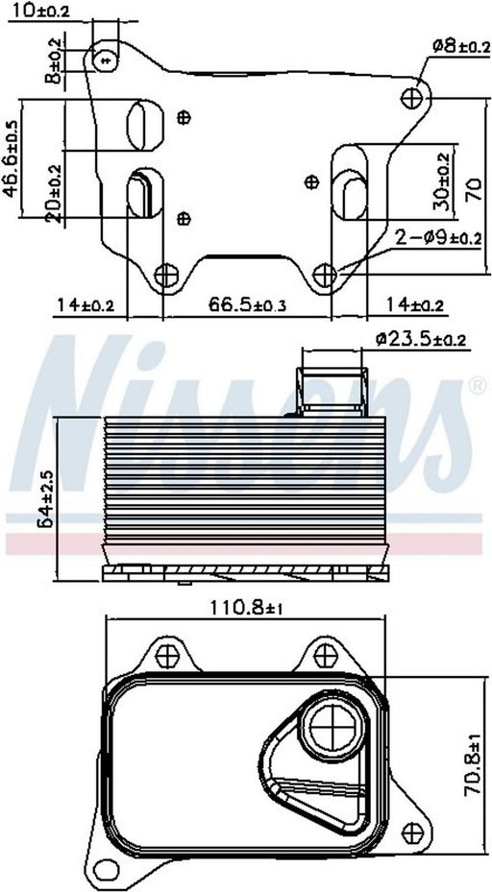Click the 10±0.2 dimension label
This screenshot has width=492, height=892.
tap(39, 10)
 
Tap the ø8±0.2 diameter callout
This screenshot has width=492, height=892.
tap(461, 47)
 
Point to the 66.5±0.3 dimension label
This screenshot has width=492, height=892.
tap(247, 305)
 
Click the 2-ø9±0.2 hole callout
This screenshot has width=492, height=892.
tap(438, 239)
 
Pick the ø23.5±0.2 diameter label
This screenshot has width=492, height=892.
tap(421, 340)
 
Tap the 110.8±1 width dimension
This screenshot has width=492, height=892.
tap(247, 608)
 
